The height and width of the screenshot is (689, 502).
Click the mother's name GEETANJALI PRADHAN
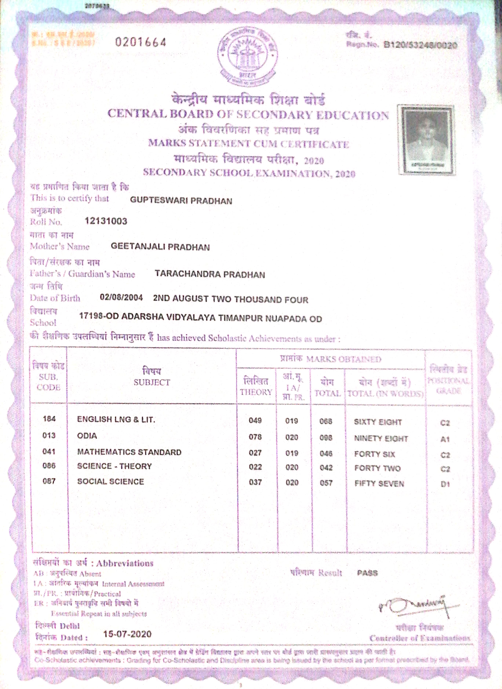point(160,247)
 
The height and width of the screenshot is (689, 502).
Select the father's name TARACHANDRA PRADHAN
point(210,274)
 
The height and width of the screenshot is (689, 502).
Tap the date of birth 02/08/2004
point(121,297)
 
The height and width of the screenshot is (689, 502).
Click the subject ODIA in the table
point(87,436)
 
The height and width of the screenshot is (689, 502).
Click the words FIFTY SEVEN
point(379,484)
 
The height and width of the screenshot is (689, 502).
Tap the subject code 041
point(49,452)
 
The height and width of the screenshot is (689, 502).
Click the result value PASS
point(367,573)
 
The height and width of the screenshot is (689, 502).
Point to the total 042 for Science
point(326,468)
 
